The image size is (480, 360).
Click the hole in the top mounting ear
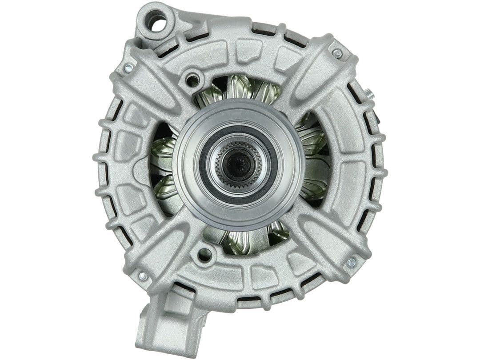pos(158,23)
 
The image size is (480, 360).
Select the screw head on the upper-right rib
pos(337,53)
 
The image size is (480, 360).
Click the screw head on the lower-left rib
pos(143,276)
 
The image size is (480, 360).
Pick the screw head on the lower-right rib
pos(351,262)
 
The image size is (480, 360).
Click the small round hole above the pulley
pos(192,80)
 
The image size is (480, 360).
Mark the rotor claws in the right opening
pos(313,160)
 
